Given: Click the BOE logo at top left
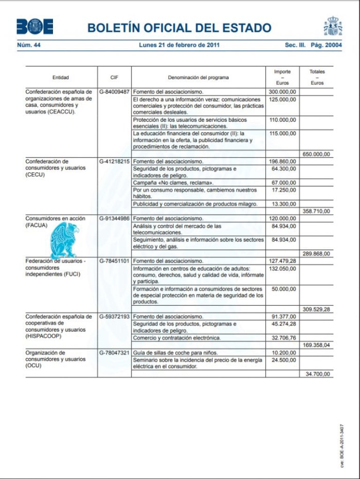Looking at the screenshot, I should (34, 26).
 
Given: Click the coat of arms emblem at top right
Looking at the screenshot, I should (333, 26).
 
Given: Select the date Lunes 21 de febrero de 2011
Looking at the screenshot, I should (179, 45).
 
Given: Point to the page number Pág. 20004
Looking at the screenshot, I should (326, 45).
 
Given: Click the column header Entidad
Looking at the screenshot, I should (61, 78).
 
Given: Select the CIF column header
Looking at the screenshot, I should (114, 78).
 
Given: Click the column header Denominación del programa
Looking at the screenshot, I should (198, 78).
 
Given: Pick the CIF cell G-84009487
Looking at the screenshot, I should (114, 91).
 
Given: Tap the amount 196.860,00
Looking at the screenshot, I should (283, 161).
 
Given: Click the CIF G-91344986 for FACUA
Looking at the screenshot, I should (114, 218).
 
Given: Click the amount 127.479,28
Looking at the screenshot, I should (283, 261).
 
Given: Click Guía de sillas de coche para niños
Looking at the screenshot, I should (175, 353).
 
